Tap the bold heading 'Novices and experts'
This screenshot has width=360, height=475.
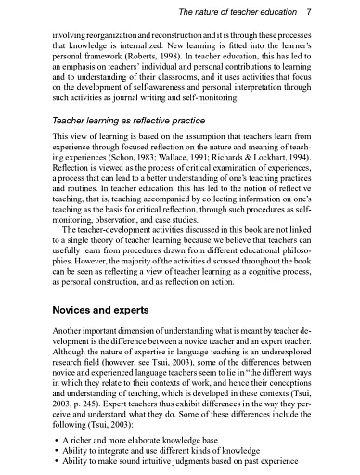[96, 305]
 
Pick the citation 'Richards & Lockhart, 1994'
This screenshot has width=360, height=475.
[285, 161]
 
